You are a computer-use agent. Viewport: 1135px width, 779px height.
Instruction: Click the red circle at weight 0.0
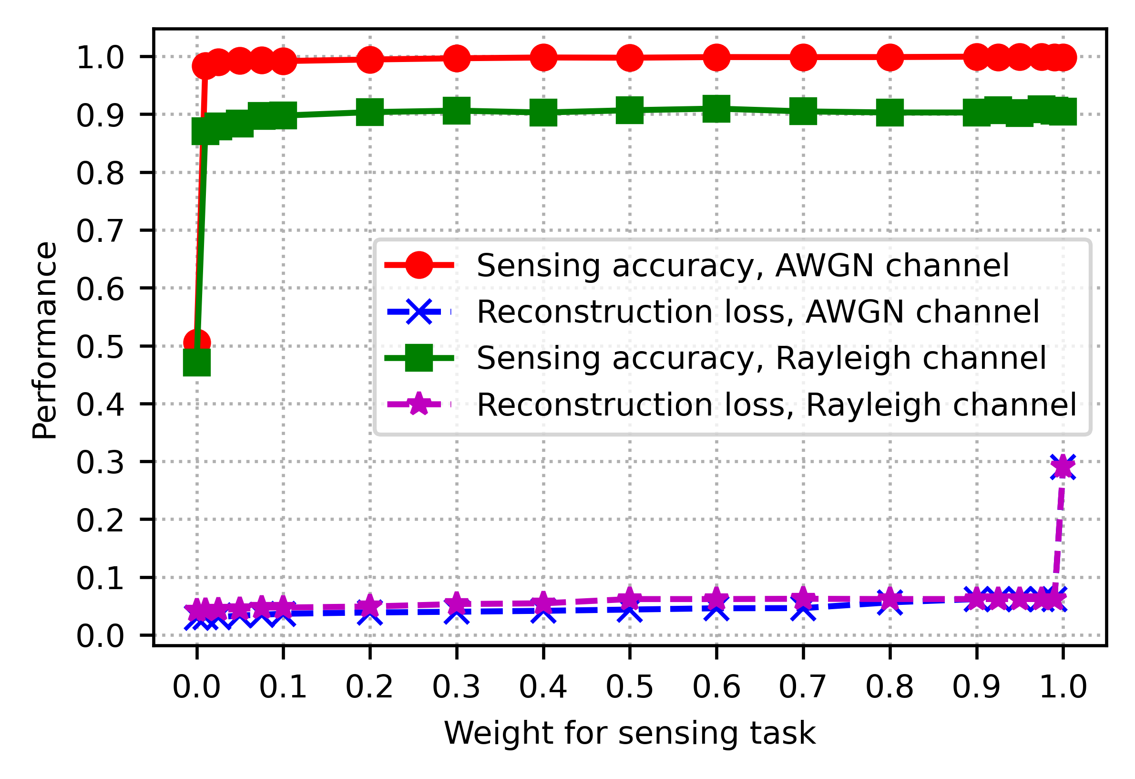tap(197, 343)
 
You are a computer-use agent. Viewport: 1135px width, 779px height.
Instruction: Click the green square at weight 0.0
tap(197, 362)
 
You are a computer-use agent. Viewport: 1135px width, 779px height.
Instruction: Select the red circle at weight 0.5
tap(630, 58)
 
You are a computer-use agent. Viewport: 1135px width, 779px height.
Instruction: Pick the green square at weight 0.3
tap(457, 111)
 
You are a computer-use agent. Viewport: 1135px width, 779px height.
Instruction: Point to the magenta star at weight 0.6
tap(716, 599)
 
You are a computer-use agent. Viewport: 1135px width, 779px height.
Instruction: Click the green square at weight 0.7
tap(803, 112)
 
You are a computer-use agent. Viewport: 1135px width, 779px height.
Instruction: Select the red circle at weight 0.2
tap(370, 59)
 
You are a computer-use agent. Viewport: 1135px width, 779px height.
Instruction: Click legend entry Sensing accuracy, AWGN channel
tap(742, 265)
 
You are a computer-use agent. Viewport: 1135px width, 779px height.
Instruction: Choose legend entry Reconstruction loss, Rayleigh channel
tap(777, 405)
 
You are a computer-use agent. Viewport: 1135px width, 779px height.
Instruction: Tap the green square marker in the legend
tap(419, 358)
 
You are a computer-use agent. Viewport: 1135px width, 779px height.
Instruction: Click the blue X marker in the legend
tap(419, 312)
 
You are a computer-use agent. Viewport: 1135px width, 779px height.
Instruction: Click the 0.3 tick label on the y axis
tap(100, 462)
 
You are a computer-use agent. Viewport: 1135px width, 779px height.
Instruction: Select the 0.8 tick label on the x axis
tap(890, 686)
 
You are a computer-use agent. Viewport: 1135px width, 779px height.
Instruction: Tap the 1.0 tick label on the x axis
tap(1063, 686)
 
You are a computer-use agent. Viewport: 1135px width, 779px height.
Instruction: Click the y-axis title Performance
tap(44, 340)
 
